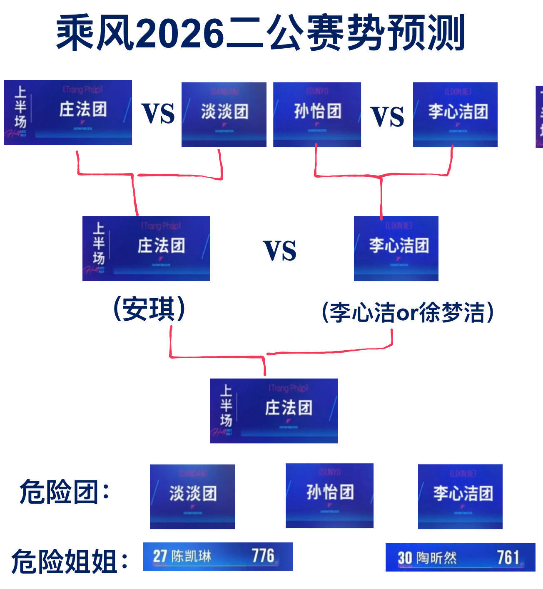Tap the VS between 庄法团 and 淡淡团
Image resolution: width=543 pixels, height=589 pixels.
click(158, 113)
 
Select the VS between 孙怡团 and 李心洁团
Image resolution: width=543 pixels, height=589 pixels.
click(387, 116)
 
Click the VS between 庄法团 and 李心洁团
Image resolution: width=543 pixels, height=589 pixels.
click(280, 250)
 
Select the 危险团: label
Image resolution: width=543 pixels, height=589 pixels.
click(65, 492)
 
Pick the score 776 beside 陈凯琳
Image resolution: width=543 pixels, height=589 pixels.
click(263, 556)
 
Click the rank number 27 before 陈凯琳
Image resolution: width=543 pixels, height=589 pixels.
click(160, 556)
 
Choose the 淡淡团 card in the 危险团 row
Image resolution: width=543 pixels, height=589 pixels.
click(192, 496)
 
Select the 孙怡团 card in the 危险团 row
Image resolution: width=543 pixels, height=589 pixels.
click(329, 495)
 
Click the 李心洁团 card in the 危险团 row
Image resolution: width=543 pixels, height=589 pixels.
click(460, 496)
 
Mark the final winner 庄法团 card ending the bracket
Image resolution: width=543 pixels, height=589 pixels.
click(274, 411)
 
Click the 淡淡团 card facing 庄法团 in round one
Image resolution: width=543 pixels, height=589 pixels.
click(224, 114)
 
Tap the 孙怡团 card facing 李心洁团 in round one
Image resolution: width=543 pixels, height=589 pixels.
click(317, 114)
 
